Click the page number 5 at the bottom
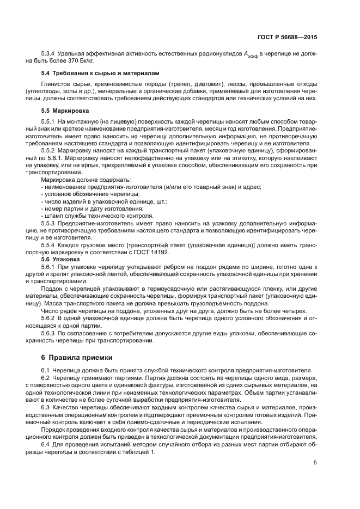[315, 463]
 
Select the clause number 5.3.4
[49, 54]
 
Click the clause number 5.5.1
[49, 120]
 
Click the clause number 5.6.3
[49, 333]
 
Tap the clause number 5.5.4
[49, 246]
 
